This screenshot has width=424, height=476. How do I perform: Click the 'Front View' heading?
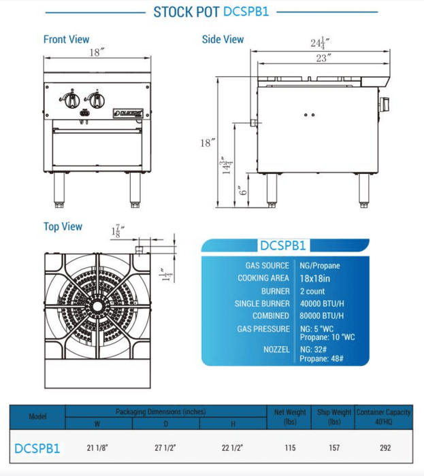66,39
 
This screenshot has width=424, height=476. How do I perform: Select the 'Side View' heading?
223,39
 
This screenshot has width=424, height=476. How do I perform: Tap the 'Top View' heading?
63,226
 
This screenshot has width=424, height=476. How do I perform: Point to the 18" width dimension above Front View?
96,52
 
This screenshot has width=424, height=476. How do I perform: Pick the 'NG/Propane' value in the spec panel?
320,265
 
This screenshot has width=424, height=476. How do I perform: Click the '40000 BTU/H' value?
322,303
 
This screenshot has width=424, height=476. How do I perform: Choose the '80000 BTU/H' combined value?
322,316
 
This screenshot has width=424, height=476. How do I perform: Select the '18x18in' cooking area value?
316,278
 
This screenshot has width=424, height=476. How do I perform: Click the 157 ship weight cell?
333,449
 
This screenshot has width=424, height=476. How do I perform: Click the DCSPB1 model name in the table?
37,449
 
